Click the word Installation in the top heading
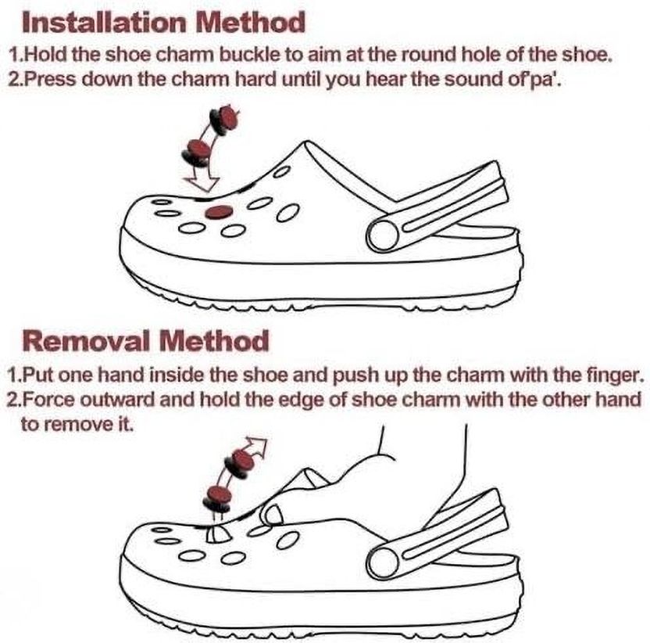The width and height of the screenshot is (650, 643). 104,23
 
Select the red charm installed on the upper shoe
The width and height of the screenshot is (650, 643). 219,213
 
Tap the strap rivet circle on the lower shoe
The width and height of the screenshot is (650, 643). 383,563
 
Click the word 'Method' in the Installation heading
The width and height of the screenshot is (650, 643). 250,23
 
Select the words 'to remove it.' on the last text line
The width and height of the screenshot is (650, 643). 77,424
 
